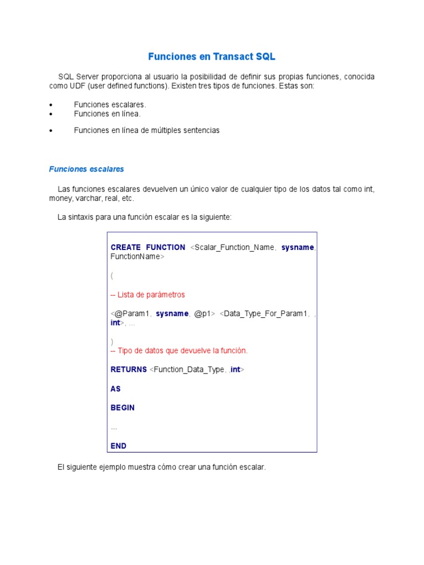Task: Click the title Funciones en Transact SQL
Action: [211, 57]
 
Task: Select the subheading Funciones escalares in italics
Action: [87, 169]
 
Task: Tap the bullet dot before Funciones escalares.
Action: [51, 105]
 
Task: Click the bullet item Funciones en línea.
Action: [107, 114]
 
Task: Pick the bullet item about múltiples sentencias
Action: [146, 130]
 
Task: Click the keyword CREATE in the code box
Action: [125, 247]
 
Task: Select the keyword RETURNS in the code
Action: [129, 370]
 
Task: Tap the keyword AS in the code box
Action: [115, 389]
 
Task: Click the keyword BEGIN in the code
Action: [123, 408]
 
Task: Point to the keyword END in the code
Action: [118, 446]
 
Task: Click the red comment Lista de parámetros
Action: [148, 295]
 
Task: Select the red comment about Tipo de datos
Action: [179, 351]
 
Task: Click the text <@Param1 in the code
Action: [130, 313]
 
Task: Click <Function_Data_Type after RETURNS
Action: [187, 370]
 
